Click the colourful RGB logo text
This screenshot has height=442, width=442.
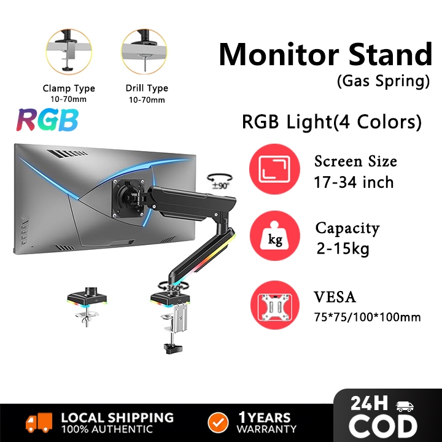coord(47,120)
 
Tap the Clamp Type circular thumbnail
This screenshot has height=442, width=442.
coord(69,52)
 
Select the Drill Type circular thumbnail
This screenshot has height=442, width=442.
coord(144,52)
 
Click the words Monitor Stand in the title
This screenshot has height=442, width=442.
coord(325,55)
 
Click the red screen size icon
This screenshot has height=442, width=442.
coord(274,170)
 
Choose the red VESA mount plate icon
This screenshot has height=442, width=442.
coord(274,306)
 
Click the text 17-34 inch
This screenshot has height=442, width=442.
coord(354,182)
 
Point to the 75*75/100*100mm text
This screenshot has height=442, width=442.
coord(367,317)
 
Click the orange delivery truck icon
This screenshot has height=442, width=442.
coord(39,422)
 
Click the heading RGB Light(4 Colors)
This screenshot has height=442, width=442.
coord(331,122)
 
